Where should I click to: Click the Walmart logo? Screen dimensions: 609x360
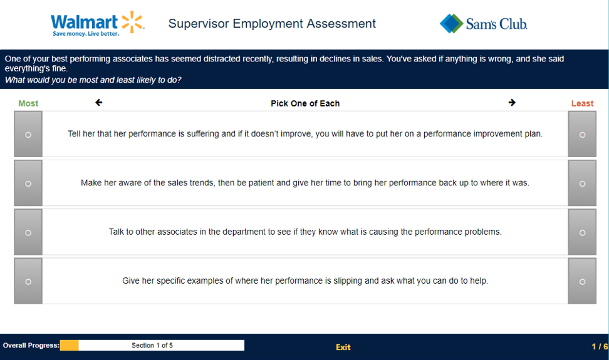coord(98,24)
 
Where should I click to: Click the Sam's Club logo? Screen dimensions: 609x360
coord(484,24)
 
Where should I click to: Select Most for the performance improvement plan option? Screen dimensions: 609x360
coord(28,135)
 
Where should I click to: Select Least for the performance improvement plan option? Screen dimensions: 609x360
coord(582,135)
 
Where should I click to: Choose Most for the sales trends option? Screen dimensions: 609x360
coord(28,183)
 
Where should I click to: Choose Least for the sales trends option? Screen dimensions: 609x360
coord(582,183)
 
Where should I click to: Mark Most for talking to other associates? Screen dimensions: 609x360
coord(28,232)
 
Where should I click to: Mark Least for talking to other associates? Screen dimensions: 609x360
coord(582,232)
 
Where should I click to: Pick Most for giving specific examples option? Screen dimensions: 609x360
coord(28,282)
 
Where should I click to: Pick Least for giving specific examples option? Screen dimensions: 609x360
coord(582,282)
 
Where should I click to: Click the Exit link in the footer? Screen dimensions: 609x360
coord(343,347)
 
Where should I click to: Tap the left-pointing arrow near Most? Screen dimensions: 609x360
coord(98,103)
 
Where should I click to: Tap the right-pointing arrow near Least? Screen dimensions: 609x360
coord(512,103)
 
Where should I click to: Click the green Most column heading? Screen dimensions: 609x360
coord(28,103)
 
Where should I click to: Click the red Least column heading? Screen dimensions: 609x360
coord(582,103)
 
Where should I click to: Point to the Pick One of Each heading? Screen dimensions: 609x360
coord(305,103)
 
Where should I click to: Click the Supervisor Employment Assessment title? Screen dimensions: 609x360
coord(272,24)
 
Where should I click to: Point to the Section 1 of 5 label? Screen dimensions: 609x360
coord(152,345)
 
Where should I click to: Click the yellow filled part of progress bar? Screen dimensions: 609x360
coord(69,345)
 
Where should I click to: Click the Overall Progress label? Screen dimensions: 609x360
coord(31,345)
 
